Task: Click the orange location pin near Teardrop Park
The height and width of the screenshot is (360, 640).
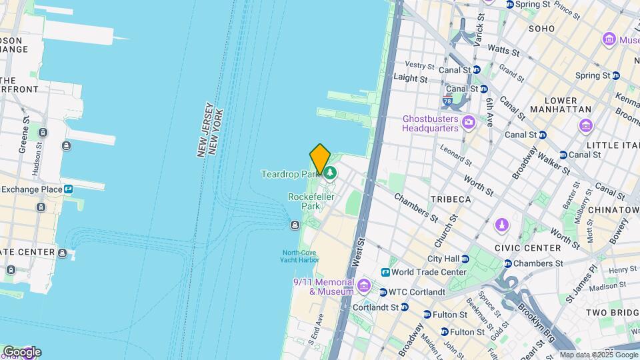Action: (320, 159)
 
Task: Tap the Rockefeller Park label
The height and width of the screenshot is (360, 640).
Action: (305, 201)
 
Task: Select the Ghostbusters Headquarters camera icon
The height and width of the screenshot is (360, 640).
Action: (469, 121)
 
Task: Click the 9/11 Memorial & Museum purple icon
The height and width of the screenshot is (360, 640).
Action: (363, 287)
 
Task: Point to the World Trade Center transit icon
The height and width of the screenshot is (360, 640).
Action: (385, 272)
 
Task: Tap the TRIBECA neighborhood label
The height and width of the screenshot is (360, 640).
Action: (450, 199)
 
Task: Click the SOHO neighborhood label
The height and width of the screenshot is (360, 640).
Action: (541, 29)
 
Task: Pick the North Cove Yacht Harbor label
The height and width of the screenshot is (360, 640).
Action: (300, 256)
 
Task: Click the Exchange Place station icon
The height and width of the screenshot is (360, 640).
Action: (69, 189)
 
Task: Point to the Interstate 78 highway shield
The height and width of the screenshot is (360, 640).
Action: (447, 102)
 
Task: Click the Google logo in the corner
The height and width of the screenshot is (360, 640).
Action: (21, 351)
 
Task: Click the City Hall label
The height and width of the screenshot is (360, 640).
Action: (443, 259)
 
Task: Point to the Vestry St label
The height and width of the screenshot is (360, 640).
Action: (420, 65)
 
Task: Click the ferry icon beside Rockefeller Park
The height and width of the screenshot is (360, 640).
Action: (295, 225)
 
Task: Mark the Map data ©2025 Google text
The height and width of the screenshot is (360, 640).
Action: (599, 355)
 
